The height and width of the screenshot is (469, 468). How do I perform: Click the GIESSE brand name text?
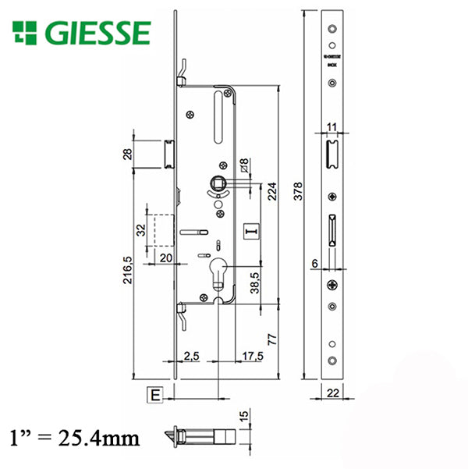coord(98,34)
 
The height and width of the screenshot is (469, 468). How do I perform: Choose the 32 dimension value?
coord(141,230)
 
